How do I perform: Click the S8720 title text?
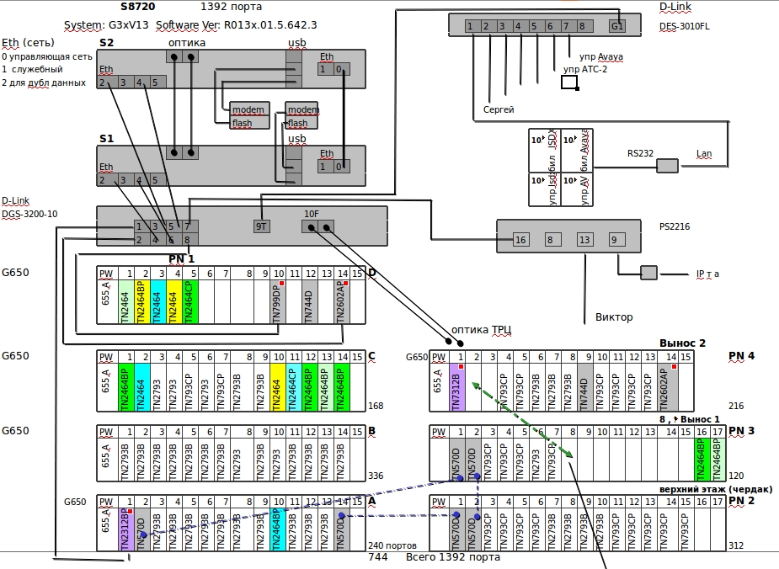115,7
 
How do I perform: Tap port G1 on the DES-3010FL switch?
617,26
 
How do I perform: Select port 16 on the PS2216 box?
520,240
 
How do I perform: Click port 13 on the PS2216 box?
584,240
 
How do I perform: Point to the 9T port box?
262,226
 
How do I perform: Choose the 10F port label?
311,214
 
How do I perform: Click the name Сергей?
499,109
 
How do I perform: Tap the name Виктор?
614,317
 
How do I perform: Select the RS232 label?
640,154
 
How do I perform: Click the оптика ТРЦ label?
482,329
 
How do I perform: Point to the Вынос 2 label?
682,343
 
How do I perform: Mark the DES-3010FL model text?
684,26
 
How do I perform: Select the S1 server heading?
106,138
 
